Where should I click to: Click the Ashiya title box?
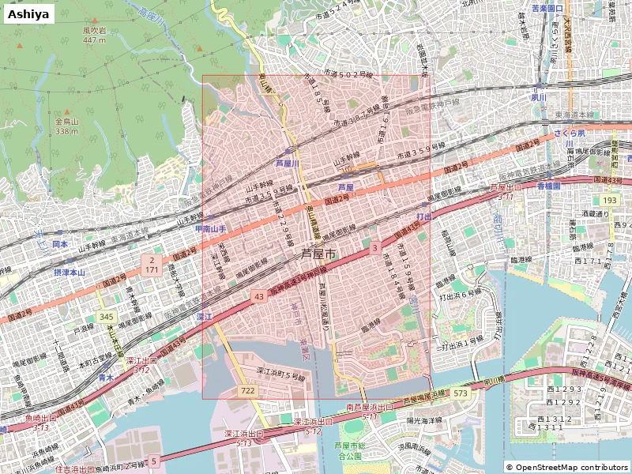[x=28, y=13]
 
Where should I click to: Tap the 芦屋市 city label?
[x=318, y=254]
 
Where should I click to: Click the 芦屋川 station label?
[x=288, y=164]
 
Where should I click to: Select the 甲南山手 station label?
[x=211, y=229]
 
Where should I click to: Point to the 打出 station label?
[x=424, y=216]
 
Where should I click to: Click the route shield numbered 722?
[x=248, y=391]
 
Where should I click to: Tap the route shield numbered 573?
[x=461, y=393]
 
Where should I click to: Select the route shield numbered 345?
[x=107, y=317]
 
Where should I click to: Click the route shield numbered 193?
[x=608, y=201]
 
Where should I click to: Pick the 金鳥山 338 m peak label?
[x=67, y=126]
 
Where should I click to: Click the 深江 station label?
[x=204, y=316]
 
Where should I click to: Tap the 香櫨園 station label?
[x=548, y=185]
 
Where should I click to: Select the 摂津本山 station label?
[x=70, y=272]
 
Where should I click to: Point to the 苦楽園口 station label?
[x=547, y=9]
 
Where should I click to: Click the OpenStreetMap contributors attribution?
[x=566, y=467]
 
